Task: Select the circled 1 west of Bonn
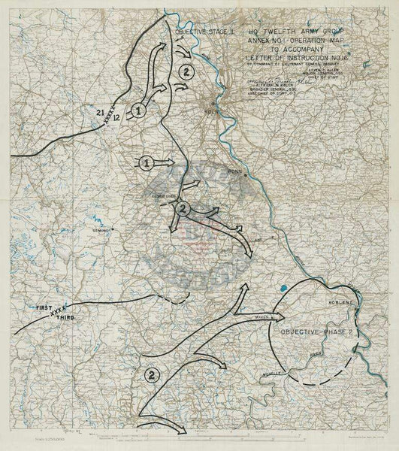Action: click(x=147, y=162)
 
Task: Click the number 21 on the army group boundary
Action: click(x=101, y=112)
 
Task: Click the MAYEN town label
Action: click(x=261, y=316)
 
